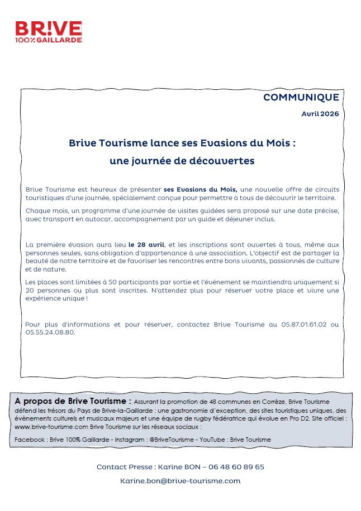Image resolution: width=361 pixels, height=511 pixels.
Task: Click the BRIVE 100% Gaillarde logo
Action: pos(49,32)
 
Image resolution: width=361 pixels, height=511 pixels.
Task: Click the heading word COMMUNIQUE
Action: pos(301,97)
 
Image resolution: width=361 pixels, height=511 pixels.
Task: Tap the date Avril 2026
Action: pos(320,113)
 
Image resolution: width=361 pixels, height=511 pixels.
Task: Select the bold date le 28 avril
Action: pos(146,244)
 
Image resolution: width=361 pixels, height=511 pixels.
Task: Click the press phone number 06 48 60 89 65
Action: pos(236,466)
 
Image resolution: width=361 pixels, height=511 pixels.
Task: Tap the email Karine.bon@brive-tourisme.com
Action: pos(180,480)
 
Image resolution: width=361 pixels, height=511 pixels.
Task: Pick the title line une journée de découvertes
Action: pos(182,161)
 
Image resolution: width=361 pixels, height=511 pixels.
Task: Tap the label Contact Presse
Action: pos(125,466)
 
